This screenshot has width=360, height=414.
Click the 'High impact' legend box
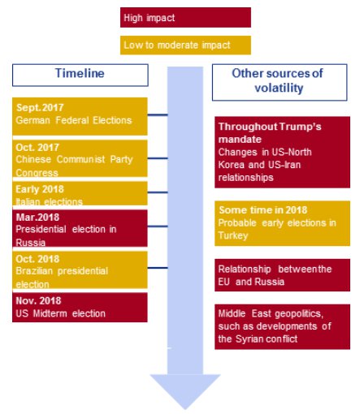click(x=185, y=18)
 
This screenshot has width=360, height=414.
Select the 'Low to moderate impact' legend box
click(x=185, y=45)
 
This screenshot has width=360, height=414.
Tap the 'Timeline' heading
click(x=80, y=73)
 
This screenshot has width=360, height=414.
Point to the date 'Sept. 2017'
click(x=40, y=107)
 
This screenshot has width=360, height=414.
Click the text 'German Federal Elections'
click(x=74, y=120)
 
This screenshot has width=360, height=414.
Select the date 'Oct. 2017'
click(x=37, y=147)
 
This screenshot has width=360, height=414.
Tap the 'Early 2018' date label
click(x=40, y=189)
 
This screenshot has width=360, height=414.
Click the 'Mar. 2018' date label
click(x=37, y=217)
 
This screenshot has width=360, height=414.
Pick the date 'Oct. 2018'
click(x=37, y=259)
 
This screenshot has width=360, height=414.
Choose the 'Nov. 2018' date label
click(x=38, y=300)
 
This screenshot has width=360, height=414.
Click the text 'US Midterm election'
click(x=61, y=313)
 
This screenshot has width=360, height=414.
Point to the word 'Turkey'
click(x=233, y=235)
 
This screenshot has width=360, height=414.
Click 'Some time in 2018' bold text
click(x=263, y=210)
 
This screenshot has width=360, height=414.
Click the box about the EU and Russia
click(x=282, y=275)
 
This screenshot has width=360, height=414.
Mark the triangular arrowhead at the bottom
click(x=185, y=392)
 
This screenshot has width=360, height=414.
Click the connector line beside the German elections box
click(x=158, y=115)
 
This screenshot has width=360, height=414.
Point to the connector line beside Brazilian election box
click(x=158, y=268)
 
